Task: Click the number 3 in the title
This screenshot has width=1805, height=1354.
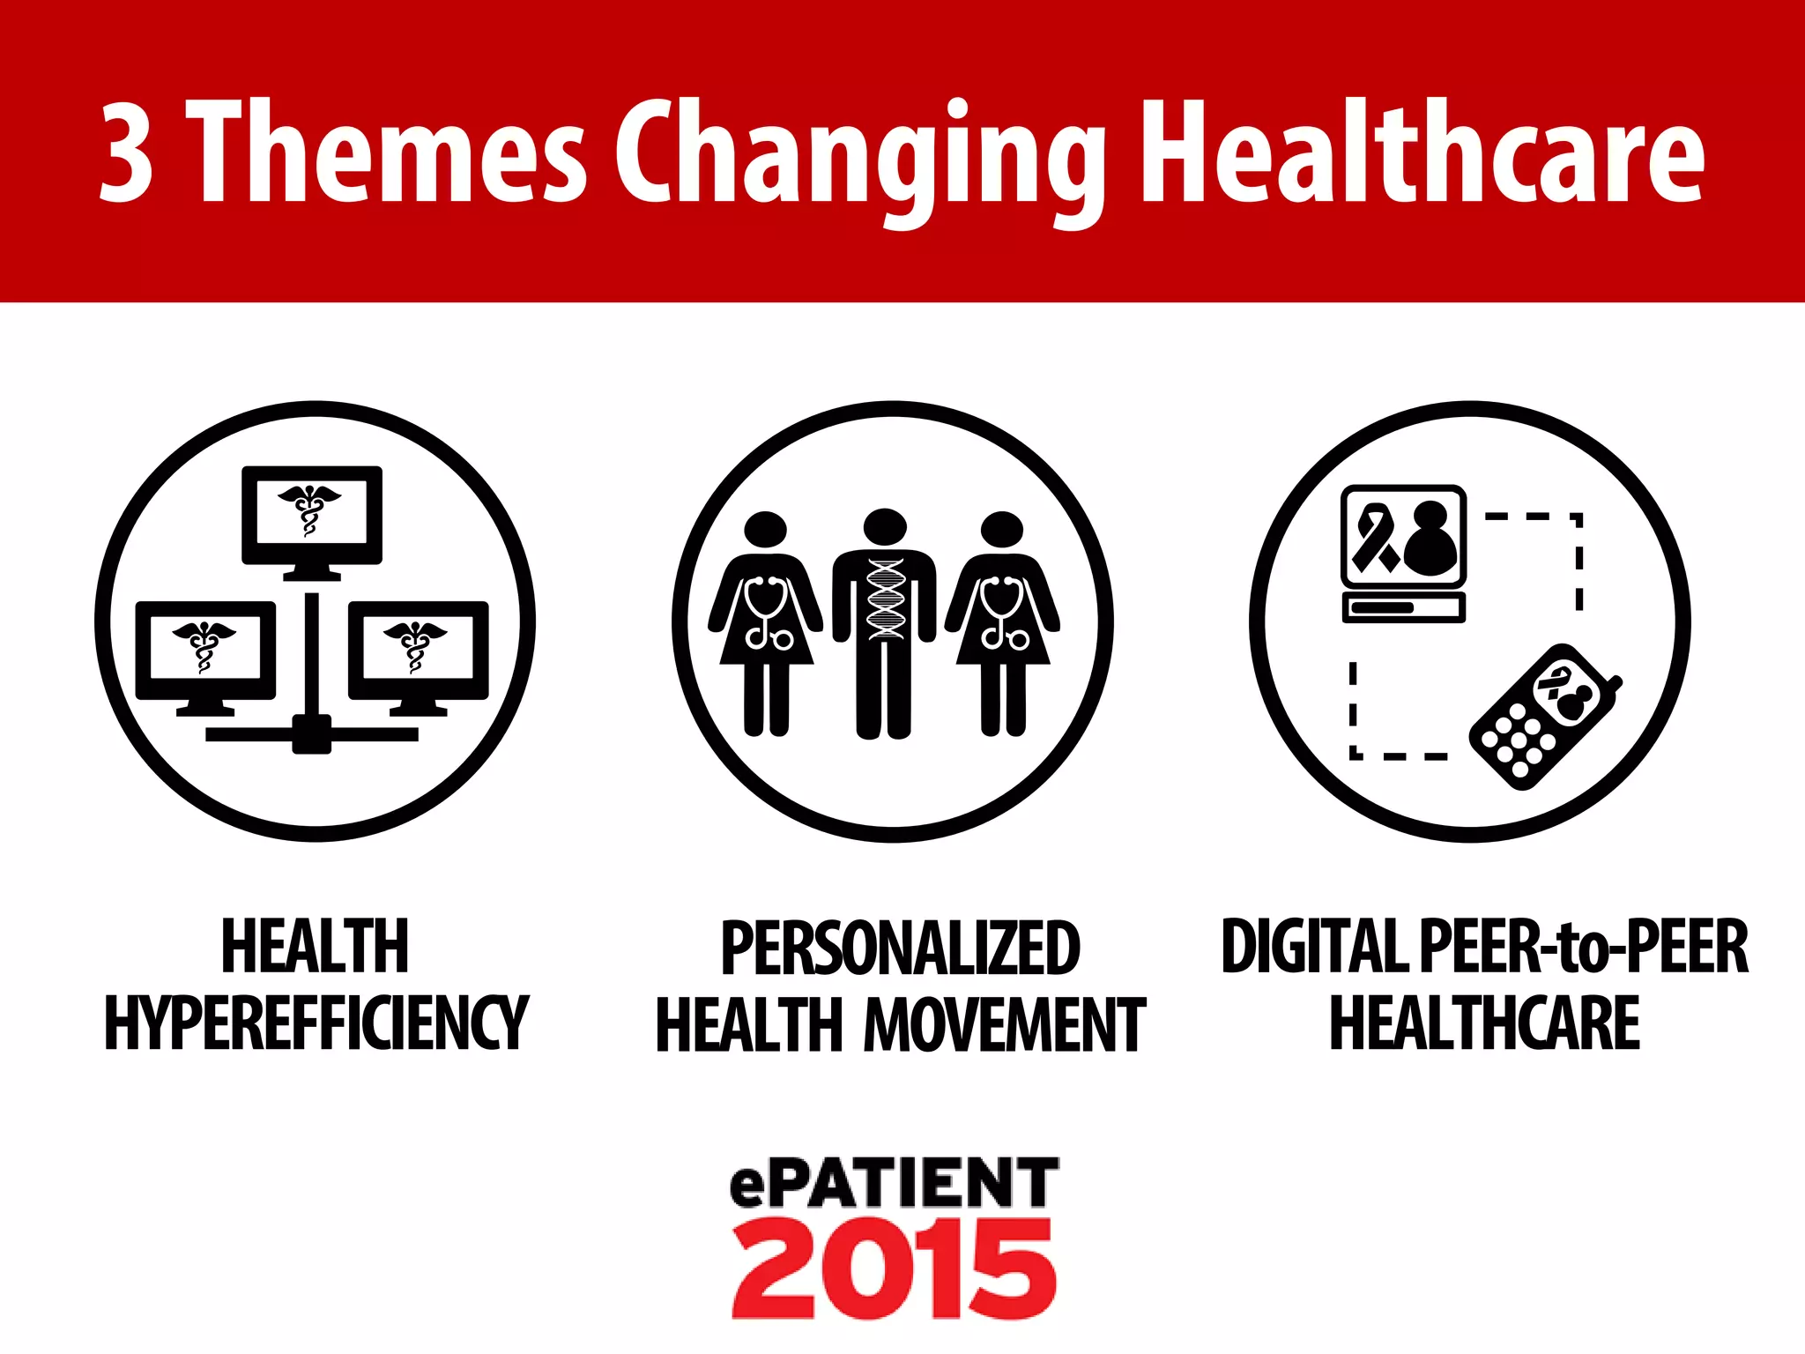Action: click(x=127, y=153)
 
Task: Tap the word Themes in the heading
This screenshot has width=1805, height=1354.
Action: click(x=388, y=151)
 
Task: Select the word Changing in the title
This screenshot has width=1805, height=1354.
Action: click(x=859, y=159)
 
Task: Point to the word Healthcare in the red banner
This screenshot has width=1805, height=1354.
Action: click(x=1422, y=151)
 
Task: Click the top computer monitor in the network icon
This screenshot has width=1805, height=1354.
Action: click(x=312, y=518)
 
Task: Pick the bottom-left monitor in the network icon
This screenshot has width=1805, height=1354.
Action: click(x=205, y=652)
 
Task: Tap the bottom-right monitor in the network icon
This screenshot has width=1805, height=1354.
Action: click(x=419, y=652)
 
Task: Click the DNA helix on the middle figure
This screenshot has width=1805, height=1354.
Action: click(x=886, y=599)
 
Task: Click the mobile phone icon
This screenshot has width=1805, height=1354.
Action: click(x=1545, y=716)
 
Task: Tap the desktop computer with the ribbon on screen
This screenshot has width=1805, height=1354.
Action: click(x=1403, y=552)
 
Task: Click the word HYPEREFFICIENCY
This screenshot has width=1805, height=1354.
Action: click(x=316, y=1023)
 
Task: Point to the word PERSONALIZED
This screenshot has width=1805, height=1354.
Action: click(x=900, y=948)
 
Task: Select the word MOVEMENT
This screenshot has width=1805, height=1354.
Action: click(x=1005, y=1024)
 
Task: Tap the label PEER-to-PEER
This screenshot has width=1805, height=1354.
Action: click(x=1583, y=947)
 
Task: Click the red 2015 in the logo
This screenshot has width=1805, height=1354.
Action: click(x=893, y=1269)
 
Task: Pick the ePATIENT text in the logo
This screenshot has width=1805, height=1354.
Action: click(x=894, y=1183)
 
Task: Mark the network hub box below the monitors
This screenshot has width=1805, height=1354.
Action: click(x=311, y=734)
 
